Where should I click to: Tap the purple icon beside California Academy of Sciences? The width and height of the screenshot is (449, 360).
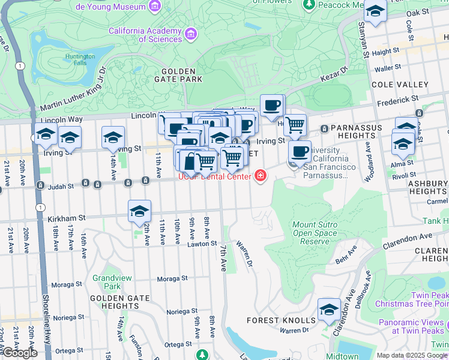pyautogui.click(x=191, y=34)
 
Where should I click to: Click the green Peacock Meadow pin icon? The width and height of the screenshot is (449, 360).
pyautogui.click(x=309, y=5)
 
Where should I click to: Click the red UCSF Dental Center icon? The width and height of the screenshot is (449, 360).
pyautogui.click(x=261, y=176)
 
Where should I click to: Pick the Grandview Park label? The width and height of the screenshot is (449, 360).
pyautogui.click(x=107, y=282)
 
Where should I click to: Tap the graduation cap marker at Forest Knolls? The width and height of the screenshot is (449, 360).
pyautogui.click(x=329, y=310)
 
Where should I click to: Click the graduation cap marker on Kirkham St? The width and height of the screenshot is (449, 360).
pyautogui.click(x=139, y=212)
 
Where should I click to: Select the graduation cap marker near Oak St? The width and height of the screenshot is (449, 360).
pyautogui.click(x=375, y=11)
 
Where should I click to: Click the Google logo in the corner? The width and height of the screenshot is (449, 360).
pyautogui.click(x=20, y=353)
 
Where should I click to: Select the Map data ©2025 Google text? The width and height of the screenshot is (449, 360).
pyautogui.click(x=412, y=355)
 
